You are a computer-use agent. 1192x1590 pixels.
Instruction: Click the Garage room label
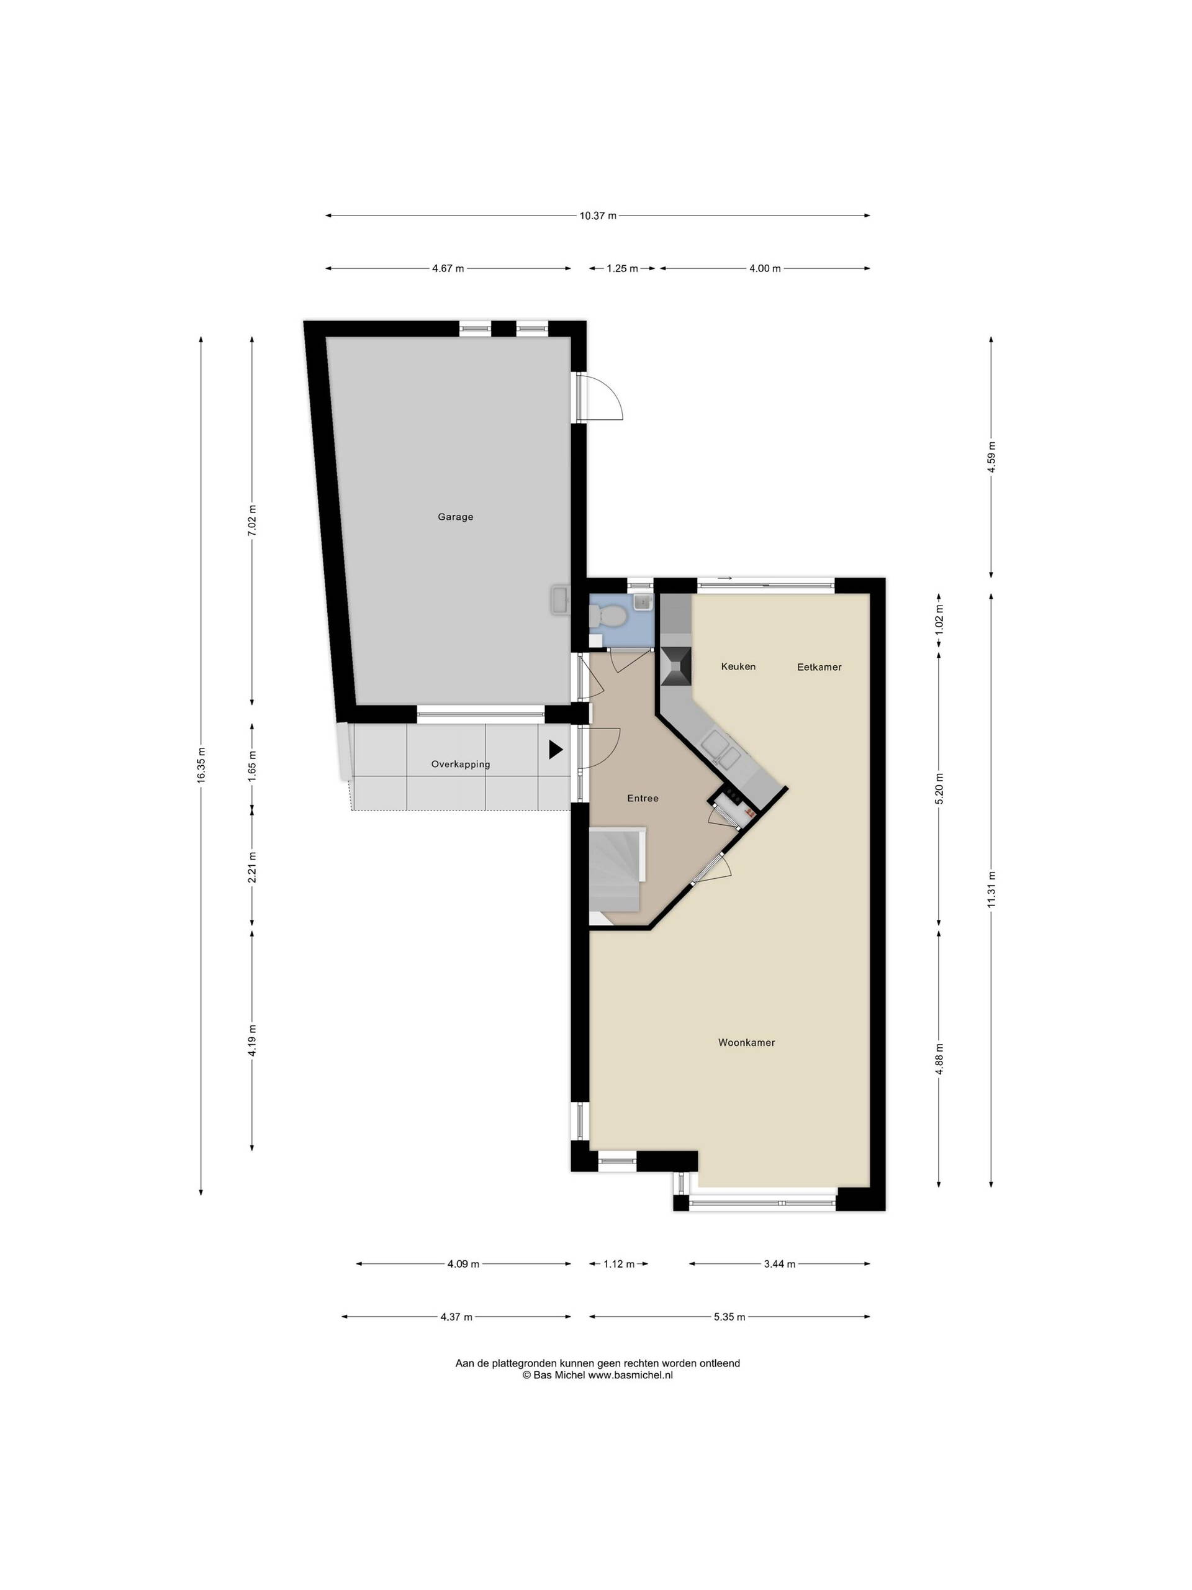pos(456,517)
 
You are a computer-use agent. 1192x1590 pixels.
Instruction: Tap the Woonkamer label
pos(746,1042)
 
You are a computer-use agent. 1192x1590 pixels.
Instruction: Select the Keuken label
pos(739,666)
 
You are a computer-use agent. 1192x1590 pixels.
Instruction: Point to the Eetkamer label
pos(819,667)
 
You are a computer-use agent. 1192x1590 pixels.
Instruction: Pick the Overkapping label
pos(461,764)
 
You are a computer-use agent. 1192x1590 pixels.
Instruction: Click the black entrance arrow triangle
pos(556,750)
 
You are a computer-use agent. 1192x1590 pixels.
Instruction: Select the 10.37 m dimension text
pos(598,216)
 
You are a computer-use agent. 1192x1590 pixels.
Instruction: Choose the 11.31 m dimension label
pos(991,889)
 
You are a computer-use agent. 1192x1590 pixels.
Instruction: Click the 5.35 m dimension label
pos(729,1317)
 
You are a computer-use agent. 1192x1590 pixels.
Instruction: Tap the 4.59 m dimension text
pos(991,457)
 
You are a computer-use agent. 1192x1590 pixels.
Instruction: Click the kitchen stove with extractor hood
pos(675,666)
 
